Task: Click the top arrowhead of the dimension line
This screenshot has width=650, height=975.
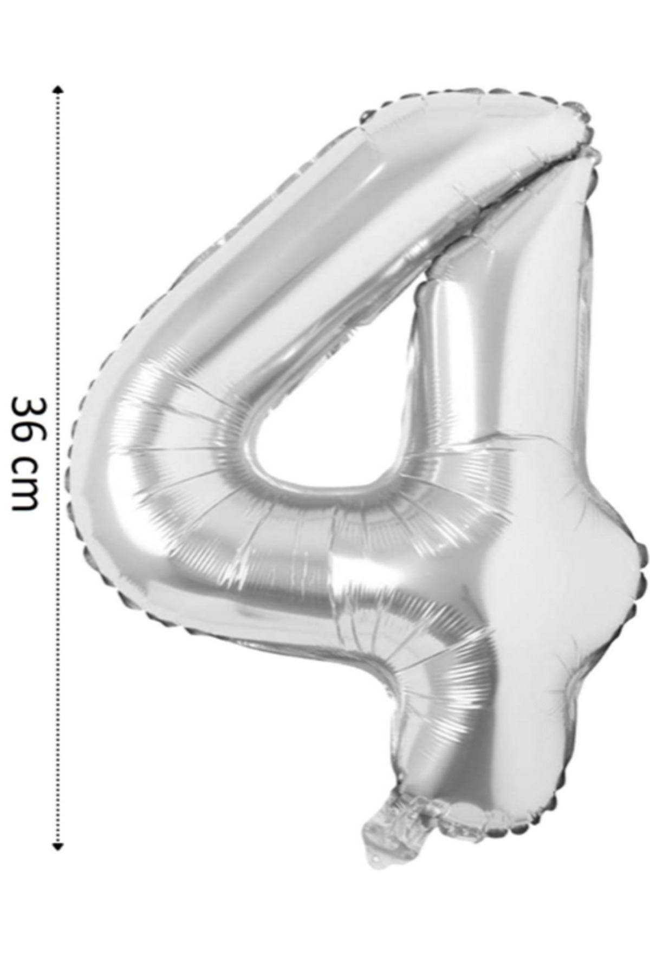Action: click(x=58, y=89)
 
